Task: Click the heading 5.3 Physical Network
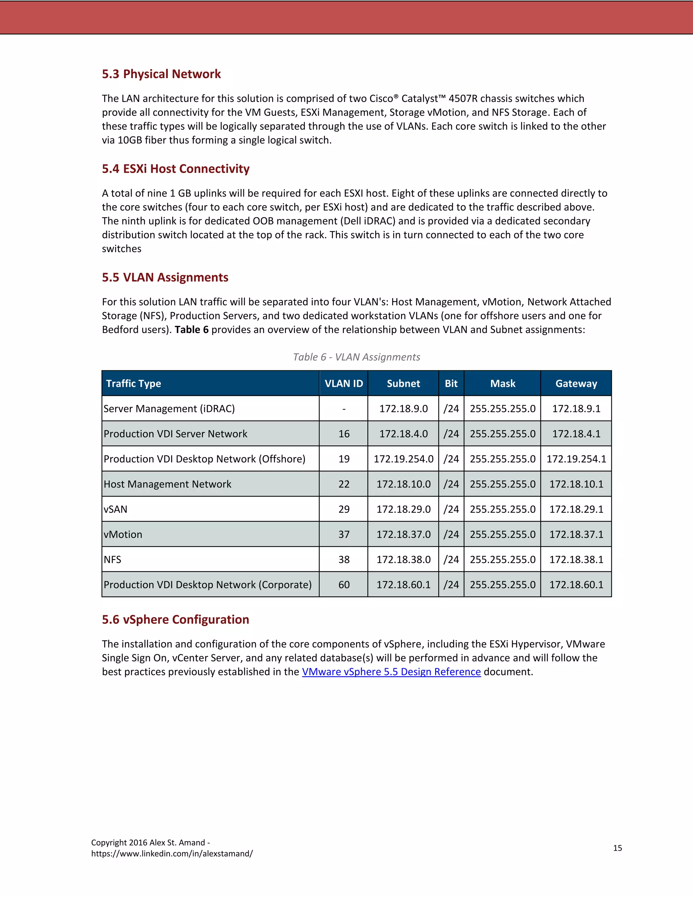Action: coord(161,74)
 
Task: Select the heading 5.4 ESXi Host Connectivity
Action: coord(175,169)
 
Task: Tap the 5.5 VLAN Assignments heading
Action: coord(165,277)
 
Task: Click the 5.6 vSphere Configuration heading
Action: coord(175,619)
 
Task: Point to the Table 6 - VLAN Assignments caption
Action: coord(356,357)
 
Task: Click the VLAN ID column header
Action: coord(344,384)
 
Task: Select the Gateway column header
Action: coord(576,384)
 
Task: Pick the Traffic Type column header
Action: coord(133,384)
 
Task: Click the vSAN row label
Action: coord(115,509)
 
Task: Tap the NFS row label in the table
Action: coord(112,560)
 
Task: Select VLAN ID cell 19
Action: coord(344,459)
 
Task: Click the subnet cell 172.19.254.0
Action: coord(403,459)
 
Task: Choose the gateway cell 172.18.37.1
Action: coord(576,534)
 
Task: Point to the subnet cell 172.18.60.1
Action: coord(403,585)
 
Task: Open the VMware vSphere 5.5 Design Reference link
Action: coord(391,672)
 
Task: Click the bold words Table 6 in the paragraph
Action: coord(191,330)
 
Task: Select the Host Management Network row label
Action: coord(167,484)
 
